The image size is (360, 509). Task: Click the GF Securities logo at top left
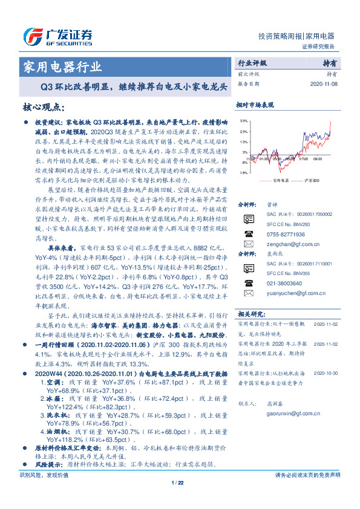pyautogui.click(x=57, y=36)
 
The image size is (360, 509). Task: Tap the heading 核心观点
pyautogui.click(x=45, y=107)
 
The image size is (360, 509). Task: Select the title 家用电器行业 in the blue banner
pyautogui.click(x=62, y=66)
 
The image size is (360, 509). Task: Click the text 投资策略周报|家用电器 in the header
pyautogui.click(x=296, y=36)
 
